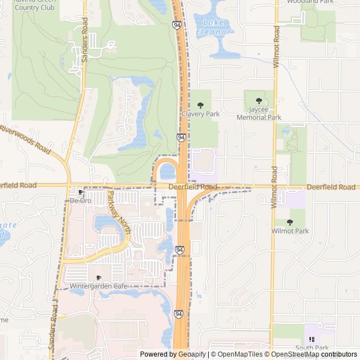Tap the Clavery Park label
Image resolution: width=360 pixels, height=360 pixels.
(x=200, y=114)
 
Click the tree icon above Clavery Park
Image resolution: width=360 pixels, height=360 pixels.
(x=200, y=105)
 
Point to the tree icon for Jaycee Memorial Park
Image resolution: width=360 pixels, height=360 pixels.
(x=259, y=101)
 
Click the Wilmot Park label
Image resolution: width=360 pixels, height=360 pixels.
(x=290, y=231)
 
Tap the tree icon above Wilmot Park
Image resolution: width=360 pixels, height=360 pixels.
(x=290, y=222)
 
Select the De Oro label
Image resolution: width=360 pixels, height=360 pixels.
(x=80, y=200)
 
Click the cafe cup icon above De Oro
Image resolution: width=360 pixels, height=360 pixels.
(x=80, y=192)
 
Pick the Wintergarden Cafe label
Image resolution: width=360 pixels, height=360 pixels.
(x=98, y=286)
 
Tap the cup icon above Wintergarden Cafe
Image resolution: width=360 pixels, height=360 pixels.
(x=98, y=278)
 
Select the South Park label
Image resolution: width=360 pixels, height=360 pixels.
(x=310, y=348)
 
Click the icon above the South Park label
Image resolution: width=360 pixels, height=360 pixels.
(x=310, y=339)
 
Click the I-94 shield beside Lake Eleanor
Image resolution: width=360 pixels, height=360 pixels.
(x=177, y=25)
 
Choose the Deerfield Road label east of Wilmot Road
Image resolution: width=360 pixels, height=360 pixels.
(x=330, y=187)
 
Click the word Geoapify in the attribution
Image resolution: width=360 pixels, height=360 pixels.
(x=191, y=354)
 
